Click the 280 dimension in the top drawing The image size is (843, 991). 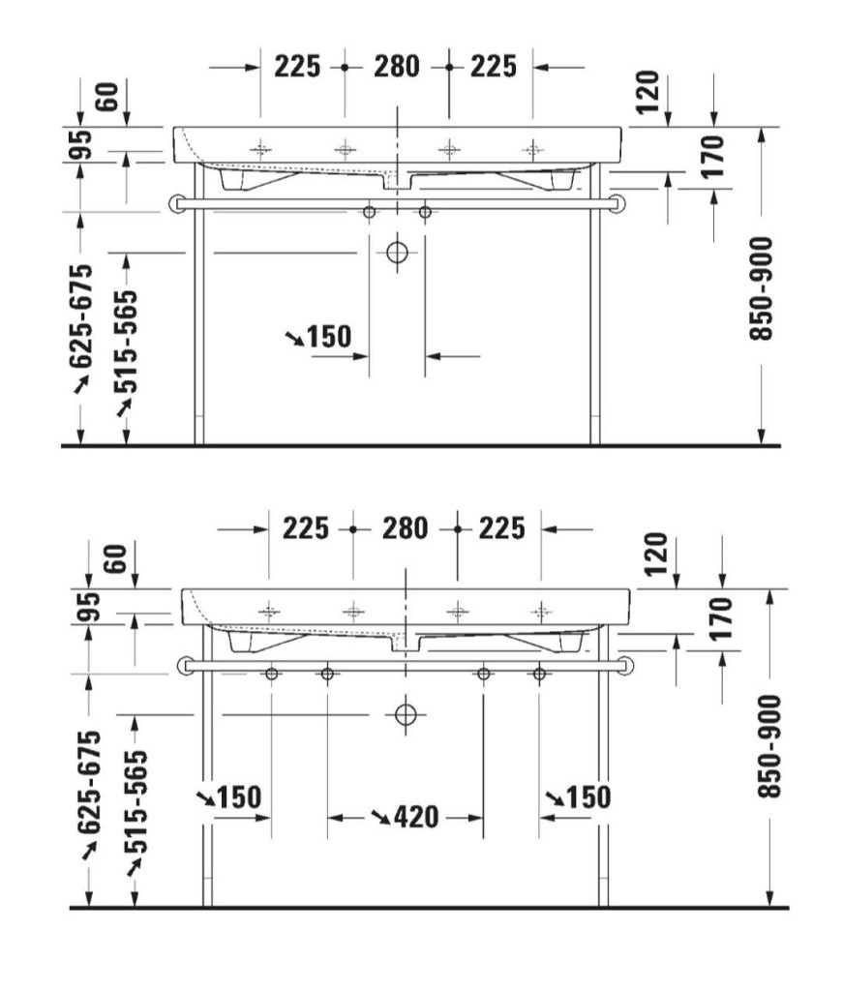pyautogui.click(x=396, y=67)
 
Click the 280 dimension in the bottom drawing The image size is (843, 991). pyautogui.click(x=406, y=528)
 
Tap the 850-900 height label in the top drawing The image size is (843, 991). pyautogui.click(x=761, y=288)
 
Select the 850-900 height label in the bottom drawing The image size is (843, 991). pyautogui.click(x=769, y=746)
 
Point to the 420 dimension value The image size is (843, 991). pyautogui.click(x=416, y=817)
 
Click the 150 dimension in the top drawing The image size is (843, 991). pyautogui.click(x=329, y=337)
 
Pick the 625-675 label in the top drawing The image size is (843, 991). pyautogui.click(x=81, y=316)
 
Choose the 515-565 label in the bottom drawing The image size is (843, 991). pyautogui.click(x=135, y=801)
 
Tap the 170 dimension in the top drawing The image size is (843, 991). pyautogui.click(x=712, y=156)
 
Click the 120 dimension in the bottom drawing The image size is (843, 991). pyautogui.click(x=658, y=554)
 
